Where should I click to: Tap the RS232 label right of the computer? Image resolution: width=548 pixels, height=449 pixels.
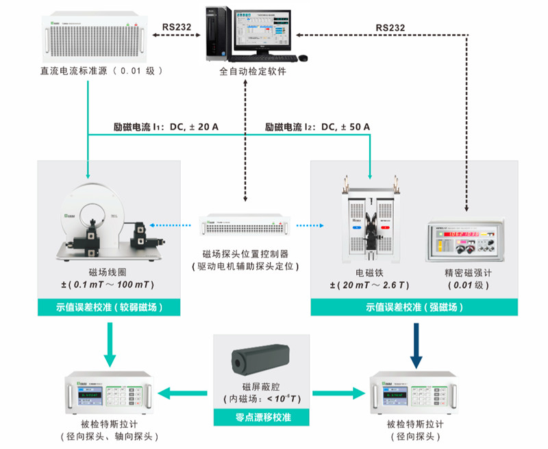[x=390, y=28]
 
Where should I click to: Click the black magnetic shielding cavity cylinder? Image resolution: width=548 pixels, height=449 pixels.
[x=260, y=359]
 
